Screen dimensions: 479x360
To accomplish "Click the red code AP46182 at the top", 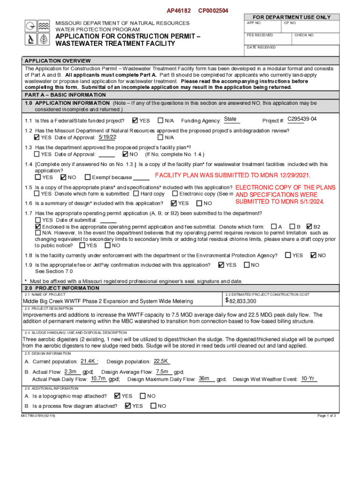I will tap(179, 10).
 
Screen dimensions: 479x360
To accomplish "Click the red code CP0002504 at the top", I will tap(213, 10).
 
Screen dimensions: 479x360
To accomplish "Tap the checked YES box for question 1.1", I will tap(135, 121).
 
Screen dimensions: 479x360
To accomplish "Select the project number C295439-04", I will tap(302, 119).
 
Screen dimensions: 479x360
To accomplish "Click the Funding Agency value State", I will tap(230, 119).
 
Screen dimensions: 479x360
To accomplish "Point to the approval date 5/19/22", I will tap(107, 137).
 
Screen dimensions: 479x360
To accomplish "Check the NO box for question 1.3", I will tap(125, 154).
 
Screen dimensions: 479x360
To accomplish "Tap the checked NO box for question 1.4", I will tap(64, 177).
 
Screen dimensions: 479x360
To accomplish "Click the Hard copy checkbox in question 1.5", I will tap(136, 194).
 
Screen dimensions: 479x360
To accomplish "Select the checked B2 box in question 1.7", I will tap(309, 226).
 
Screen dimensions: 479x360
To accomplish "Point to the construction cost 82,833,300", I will tap(242, 301).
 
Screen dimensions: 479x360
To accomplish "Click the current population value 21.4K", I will tap(88, 361).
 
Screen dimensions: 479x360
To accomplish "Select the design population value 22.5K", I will tap(161, 361).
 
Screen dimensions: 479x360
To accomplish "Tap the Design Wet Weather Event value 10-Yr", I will tap(308, 378).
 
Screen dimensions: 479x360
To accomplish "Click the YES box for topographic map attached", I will tap(117, 396).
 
